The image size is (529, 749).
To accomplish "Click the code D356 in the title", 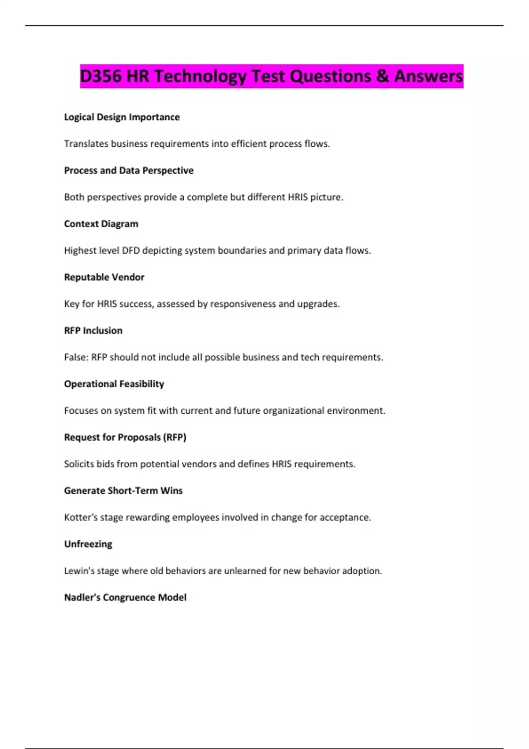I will point(101,76).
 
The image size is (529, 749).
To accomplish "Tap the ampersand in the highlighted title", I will point(383,76).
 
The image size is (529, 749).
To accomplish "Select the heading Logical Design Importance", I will point(122,117).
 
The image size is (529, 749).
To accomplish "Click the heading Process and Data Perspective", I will point(129,171).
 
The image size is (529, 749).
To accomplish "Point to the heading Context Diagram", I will point(101,224).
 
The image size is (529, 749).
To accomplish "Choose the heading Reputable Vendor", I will point(104,277).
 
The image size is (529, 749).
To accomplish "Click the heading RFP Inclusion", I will point(93,330).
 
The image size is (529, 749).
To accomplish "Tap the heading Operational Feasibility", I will point(114,384).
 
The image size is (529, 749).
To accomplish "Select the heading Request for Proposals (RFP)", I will point(125,437).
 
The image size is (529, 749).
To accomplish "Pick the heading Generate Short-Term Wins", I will point(123,490).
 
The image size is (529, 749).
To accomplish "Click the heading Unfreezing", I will point(88,544).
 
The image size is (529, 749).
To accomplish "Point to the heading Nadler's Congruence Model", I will point(125,597).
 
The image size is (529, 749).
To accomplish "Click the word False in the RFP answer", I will point(75,357).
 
